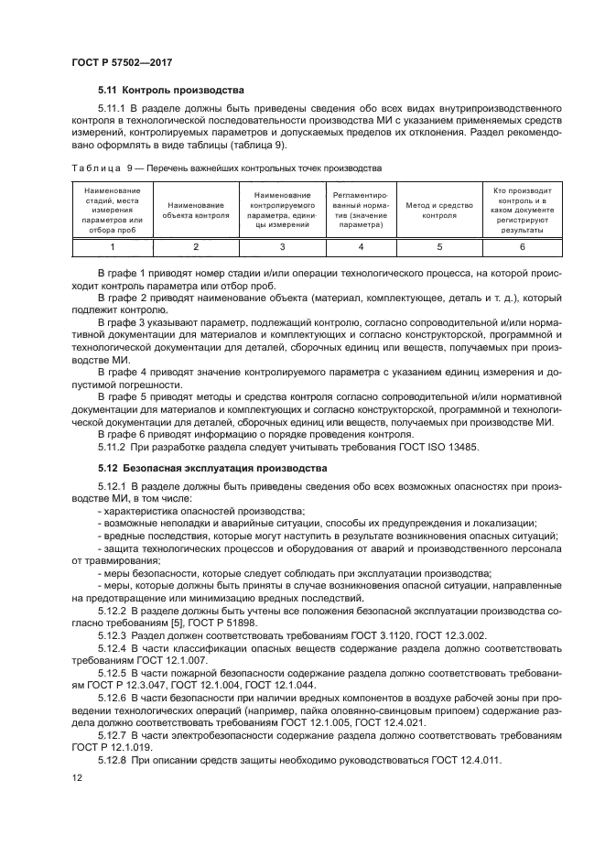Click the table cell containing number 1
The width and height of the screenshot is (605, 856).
point(113,247)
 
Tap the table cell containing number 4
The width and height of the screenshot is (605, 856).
point(361,247)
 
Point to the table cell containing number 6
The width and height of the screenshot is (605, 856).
point(523,247)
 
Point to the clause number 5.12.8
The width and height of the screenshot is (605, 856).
point(114,760)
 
